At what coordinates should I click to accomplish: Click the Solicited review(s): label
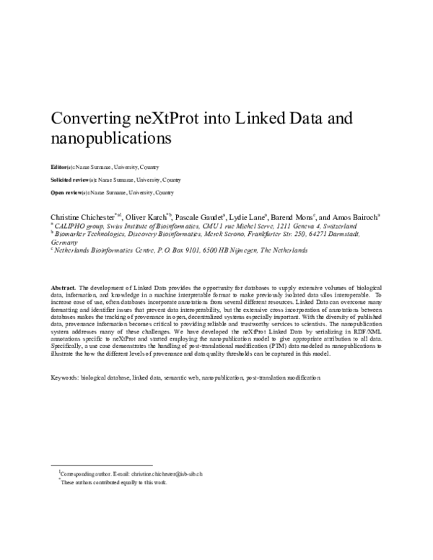coord(73,179)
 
